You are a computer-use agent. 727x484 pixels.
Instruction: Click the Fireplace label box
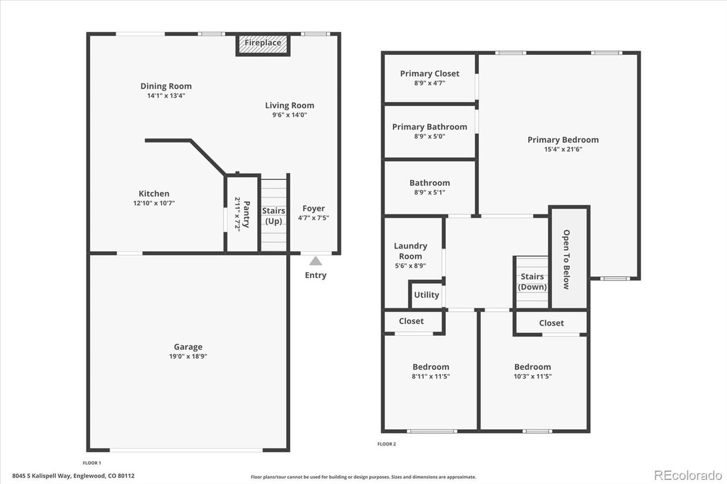coord(263,43)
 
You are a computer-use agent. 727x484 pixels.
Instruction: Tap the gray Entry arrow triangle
coord(315,261)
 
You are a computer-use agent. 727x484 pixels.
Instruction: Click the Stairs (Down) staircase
coord(532,282)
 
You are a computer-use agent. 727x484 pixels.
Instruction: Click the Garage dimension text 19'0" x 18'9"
coord(188,356)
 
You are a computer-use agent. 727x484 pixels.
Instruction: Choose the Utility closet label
coord(426,295)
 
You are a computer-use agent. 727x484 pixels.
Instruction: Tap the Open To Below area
coord(567,259)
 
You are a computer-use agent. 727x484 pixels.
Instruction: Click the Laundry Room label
coord(410,251)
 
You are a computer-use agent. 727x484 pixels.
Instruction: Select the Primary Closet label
coord(429,73)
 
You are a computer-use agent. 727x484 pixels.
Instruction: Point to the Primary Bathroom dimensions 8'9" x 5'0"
coord(429,136)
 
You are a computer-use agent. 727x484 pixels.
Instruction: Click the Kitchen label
coord(154,194)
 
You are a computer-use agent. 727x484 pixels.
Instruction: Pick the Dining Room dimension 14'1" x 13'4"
coord(166,95)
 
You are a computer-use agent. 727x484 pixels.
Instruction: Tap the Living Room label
coord(290,105)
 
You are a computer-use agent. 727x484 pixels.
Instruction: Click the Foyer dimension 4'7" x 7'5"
coord(313,218)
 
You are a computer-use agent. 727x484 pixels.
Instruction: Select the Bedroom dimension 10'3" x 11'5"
coord(532,376)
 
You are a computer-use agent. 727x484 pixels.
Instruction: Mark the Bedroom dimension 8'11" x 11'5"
coord(431,376)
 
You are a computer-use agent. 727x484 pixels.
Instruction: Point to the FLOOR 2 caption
coord(386,444)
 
